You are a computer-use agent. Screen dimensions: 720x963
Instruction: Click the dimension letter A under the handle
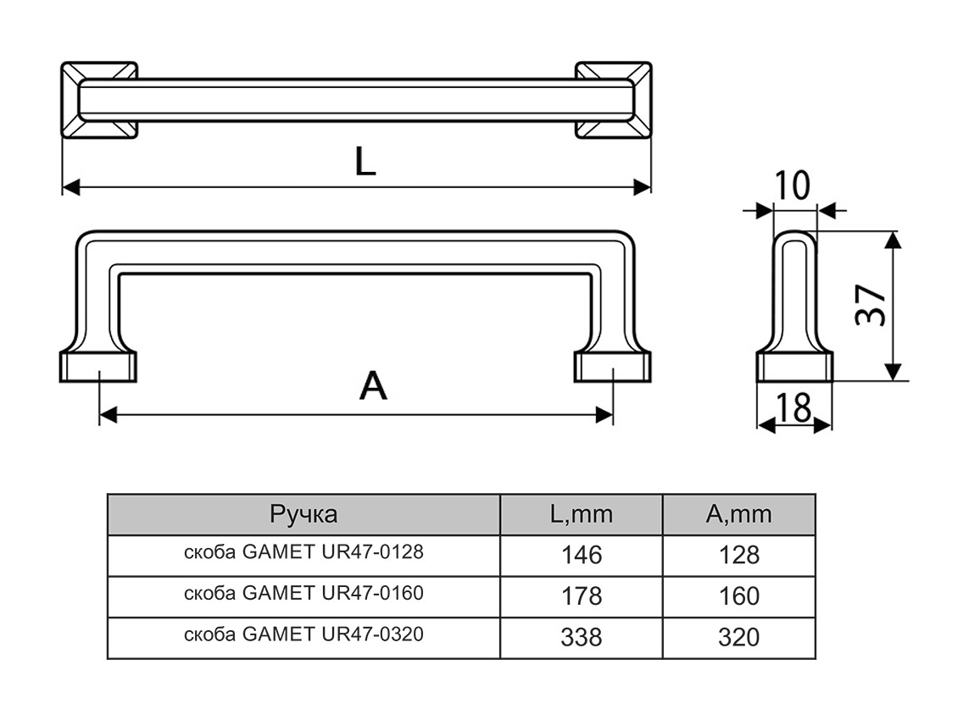373,386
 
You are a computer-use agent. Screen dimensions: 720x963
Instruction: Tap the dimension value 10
793,184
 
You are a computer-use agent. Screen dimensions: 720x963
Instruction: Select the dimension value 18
793,407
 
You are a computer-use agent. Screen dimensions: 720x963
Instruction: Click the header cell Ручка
303,513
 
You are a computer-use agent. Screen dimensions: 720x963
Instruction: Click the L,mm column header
582,513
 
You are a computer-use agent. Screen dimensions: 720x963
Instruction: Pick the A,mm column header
738,513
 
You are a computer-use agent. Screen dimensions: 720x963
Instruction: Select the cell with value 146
582,555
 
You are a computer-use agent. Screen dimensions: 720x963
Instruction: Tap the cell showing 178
582,596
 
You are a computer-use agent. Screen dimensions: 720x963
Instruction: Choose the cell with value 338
582,637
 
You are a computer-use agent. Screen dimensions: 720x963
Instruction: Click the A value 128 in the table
738,555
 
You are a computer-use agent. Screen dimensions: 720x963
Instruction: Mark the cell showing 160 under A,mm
738,596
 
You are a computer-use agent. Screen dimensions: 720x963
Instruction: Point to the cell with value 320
738,637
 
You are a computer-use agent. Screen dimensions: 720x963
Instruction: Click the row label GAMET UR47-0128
303,552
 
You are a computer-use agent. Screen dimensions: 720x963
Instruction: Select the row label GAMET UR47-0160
303,593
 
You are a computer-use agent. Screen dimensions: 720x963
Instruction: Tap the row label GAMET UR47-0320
303,634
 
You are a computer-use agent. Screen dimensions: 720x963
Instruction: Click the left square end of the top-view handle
99,100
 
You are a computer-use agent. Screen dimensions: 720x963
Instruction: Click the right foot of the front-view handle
613,366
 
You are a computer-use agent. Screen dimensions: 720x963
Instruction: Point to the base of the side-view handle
794,366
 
